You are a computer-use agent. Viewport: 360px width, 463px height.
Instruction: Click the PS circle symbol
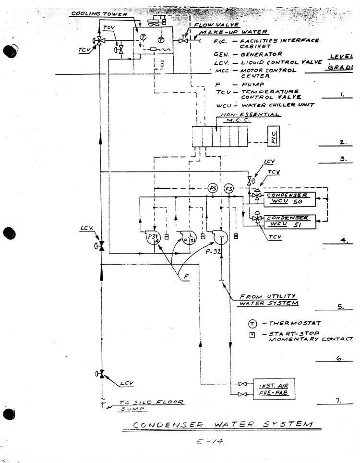213,189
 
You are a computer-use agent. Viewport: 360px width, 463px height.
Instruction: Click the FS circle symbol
229,189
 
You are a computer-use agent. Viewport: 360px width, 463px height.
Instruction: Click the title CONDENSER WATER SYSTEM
222,425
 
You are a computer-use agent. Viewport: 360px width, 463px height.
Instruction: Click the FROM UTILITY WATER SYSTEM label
267,300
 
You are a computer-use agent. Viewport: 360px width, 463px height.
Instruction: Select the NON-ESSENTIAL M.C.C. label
250,117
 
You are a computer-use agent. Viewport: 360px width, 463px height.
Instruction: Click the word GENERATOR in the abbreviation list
261,54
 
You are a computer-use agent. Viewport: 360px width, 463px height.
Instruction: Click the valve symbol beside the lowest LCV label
101,374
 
